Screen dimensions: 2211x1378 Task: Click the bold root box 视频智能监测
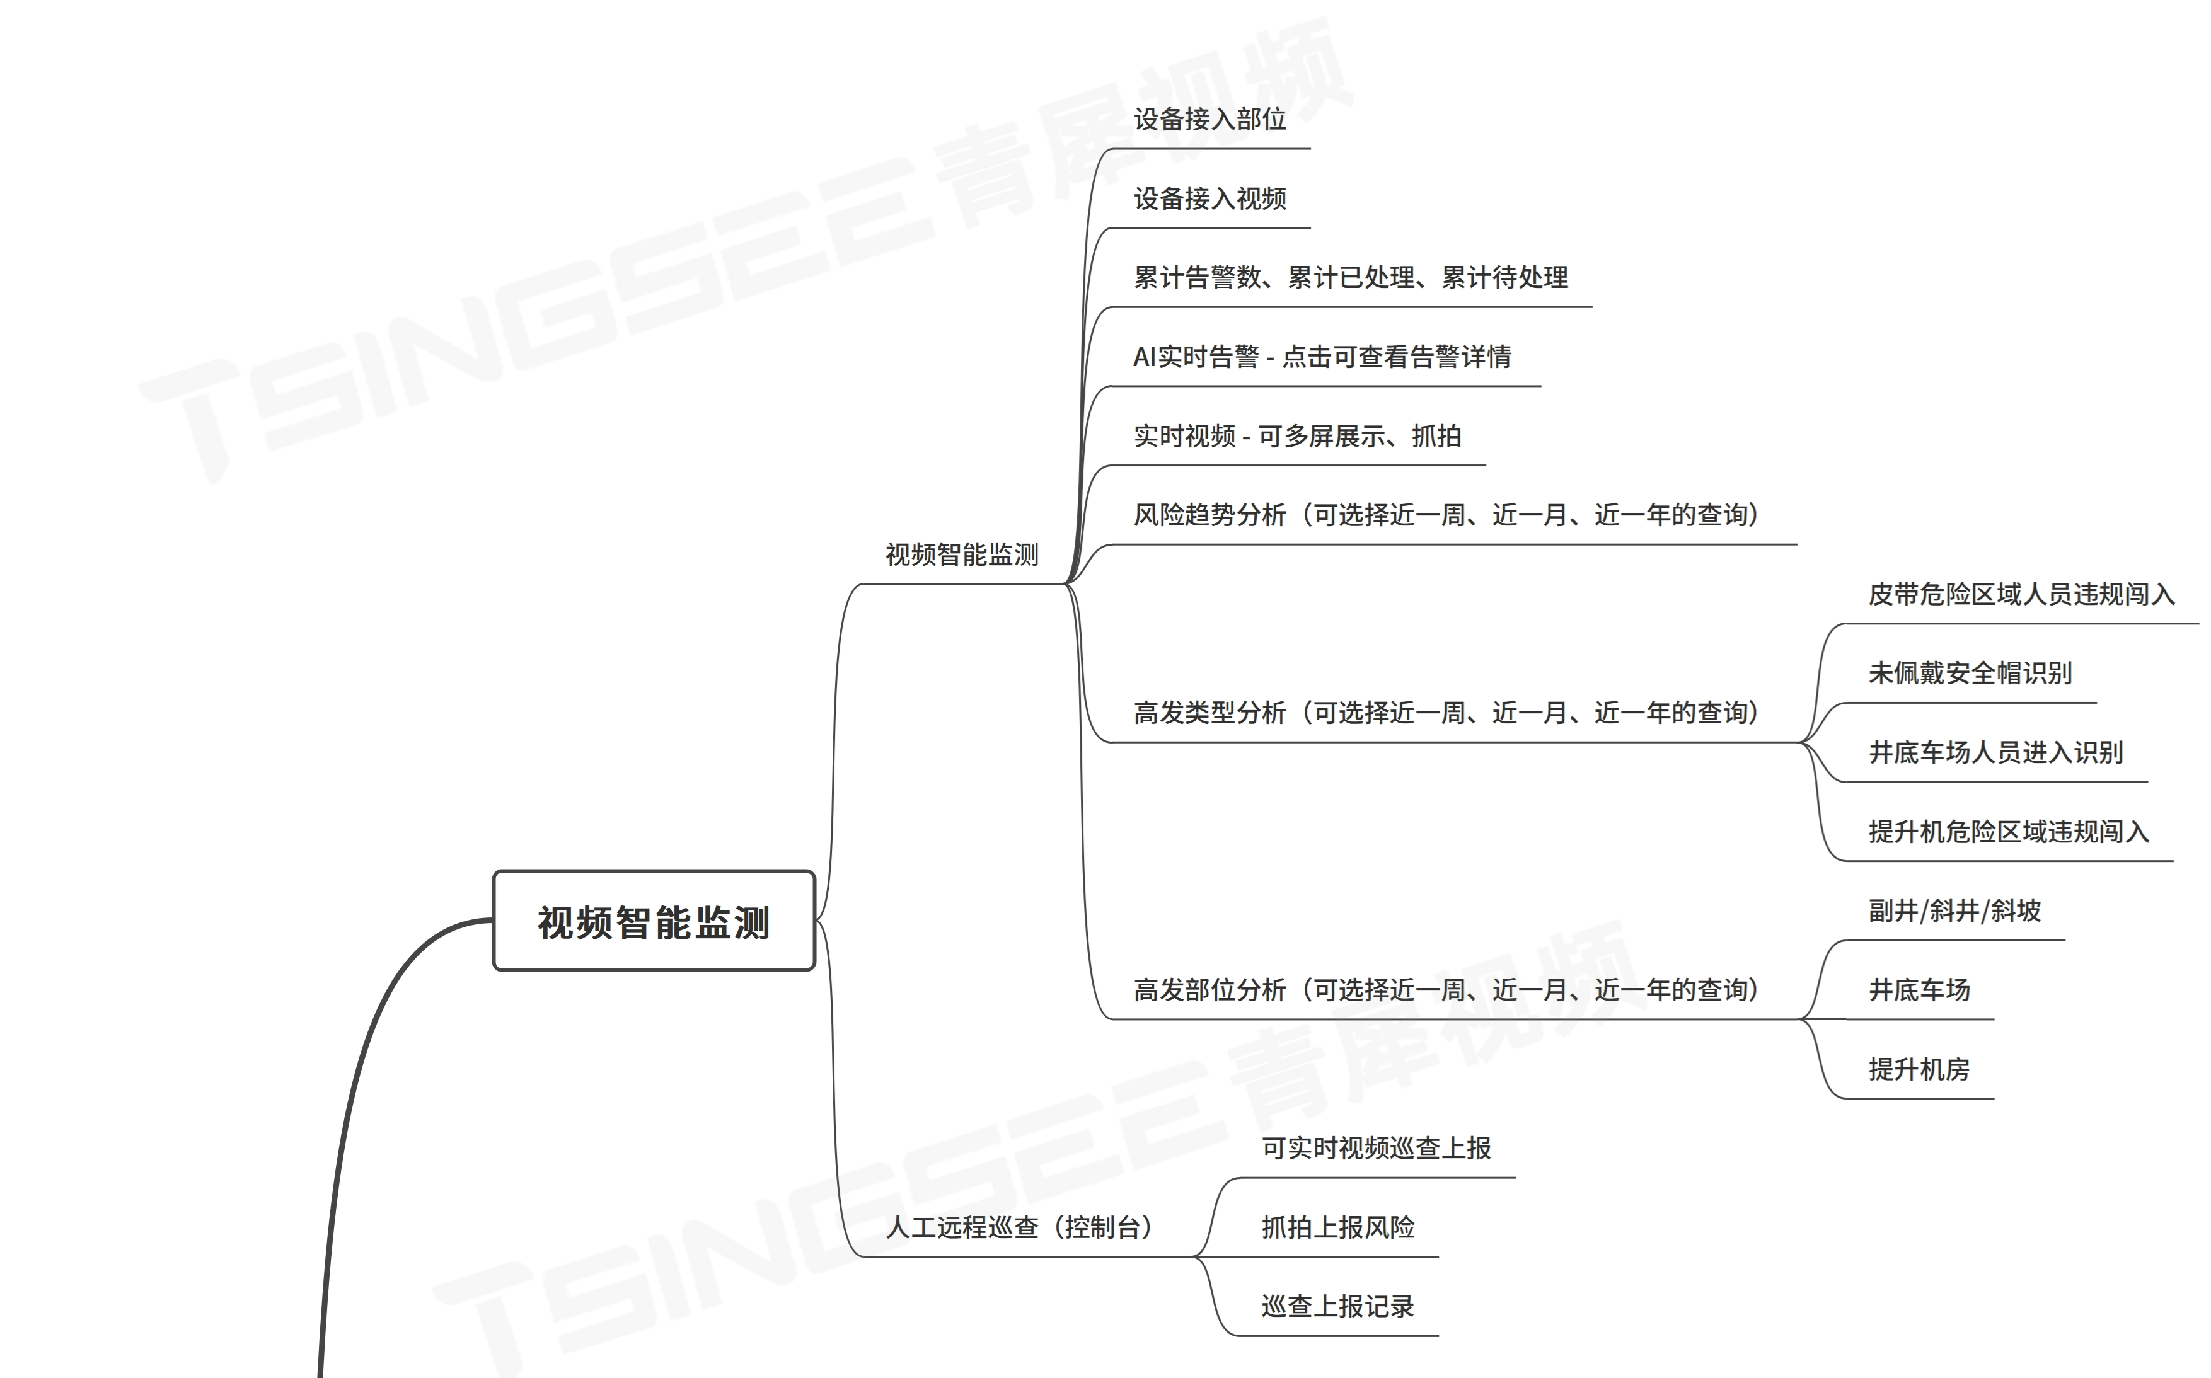coord(654,921)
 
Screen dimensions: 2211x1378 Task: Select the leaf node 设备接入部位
coord(1209,119)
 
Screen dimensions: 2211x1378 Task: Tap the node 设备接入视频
coord(1209,198)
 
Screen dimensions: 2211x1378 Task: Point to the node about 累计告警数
coord(1350,278)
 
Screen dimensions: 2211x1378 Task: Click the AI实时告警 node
coord(1322,357)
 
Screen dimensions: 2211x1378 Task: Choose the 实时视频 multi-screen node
coord(1297,437)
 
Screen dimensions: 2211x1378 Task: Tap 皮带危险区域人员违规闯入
coord(2021,595)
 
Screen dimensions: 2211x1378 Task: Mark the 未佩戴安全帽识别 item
coord(1970,674)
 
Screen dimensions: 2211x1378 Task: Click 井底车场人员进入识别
coord(1995,753)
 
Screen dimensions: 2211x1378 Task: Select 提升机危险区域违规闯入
coord(2008,832)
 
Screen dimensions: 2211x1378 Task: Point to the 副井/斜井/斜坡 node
coord(1954,911)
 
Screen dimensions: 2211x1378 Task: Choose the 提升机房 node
coord(1919,1069)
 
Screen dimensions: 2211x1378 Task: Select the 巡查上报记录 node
coord(1337,1307)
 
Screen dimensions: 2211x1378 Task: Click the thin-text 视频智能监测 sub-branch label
coord(962,555)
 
